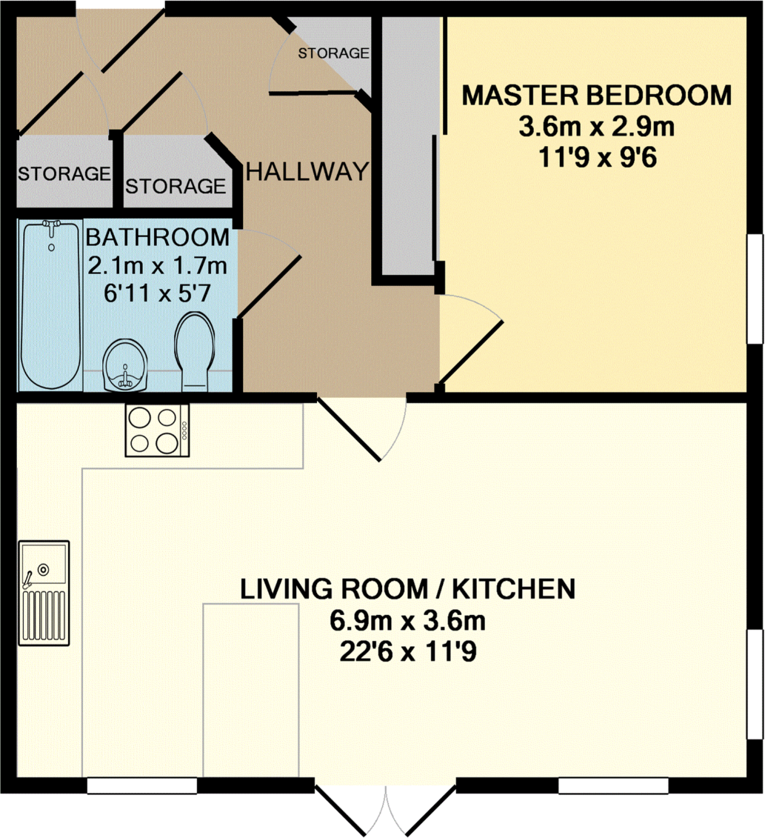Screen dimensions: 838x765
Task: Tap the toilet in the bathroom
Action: [x=194, y=350]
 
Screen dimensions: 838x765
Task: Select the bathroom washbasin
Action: [x=125, y=365]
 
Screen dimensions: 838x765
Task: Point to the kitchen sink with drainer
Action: [x=44, y=593]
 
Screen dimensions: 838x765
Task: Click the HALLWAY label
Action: [x=307, y=172]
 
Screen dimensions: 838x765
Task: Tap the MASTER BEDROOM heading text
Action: [x=596, y=96]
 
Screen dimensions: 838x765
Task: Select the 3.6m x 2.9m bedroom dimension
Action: [x=596, y=127]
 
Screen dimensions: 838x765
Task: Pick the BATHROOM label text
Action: [x=158, y=238]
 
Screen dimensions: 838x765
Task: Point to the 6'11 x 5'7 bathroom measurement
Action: [x=158, y=293]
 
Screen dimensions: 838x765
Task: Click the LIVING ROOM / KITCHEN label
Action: [x=408, y=589]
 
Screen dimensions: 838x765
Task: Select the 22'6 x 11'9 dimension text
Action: [x=408, y=652]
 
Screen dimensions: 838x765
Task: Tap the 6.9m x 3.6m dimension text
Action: [x=408, y=621]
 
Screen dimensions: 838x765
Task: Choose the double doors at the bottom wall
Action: [x=386, y=808]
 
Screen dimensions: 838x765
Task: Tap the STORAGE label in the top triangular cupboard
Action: [x=333, y=53]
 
